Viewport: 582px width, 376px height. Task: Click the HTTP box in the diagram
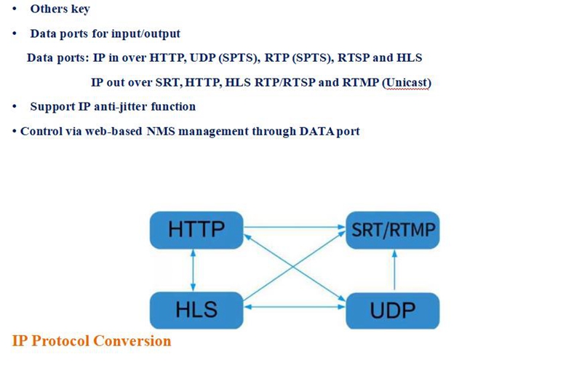[x=196, y=230]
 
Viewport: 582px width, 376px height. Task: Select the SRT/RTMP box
[x=393, y=230]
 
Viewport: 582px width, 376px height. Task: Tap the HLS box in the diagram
[x=196, y=310]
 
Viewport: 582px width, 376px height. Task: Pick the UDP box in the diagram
[x=393, y=311]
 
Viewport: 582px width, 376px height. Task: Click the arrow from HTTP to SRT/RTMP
[x=295, y=226]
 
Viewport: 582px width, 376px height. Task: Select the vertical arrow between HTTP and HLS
[x=193, y=270]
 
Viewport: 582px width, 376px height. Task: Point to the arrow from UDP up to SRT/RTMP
[x=394, y=270]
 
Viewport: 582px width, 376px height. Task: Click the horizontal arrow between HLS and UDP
[x=295, y=307]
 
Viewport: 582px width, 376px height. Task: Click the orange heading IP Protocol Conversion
[x=92, y=341]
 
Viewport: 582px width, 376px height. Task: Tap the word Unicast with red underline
[x=408, y=82]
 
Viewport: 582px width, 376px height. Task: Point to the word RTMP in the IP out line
[x=360, y=82]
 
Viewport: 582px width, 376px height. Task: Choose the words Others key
[x=60, y=9]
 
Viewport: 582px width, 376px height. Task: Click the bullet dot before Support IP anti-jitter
[x=15, y=107]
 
